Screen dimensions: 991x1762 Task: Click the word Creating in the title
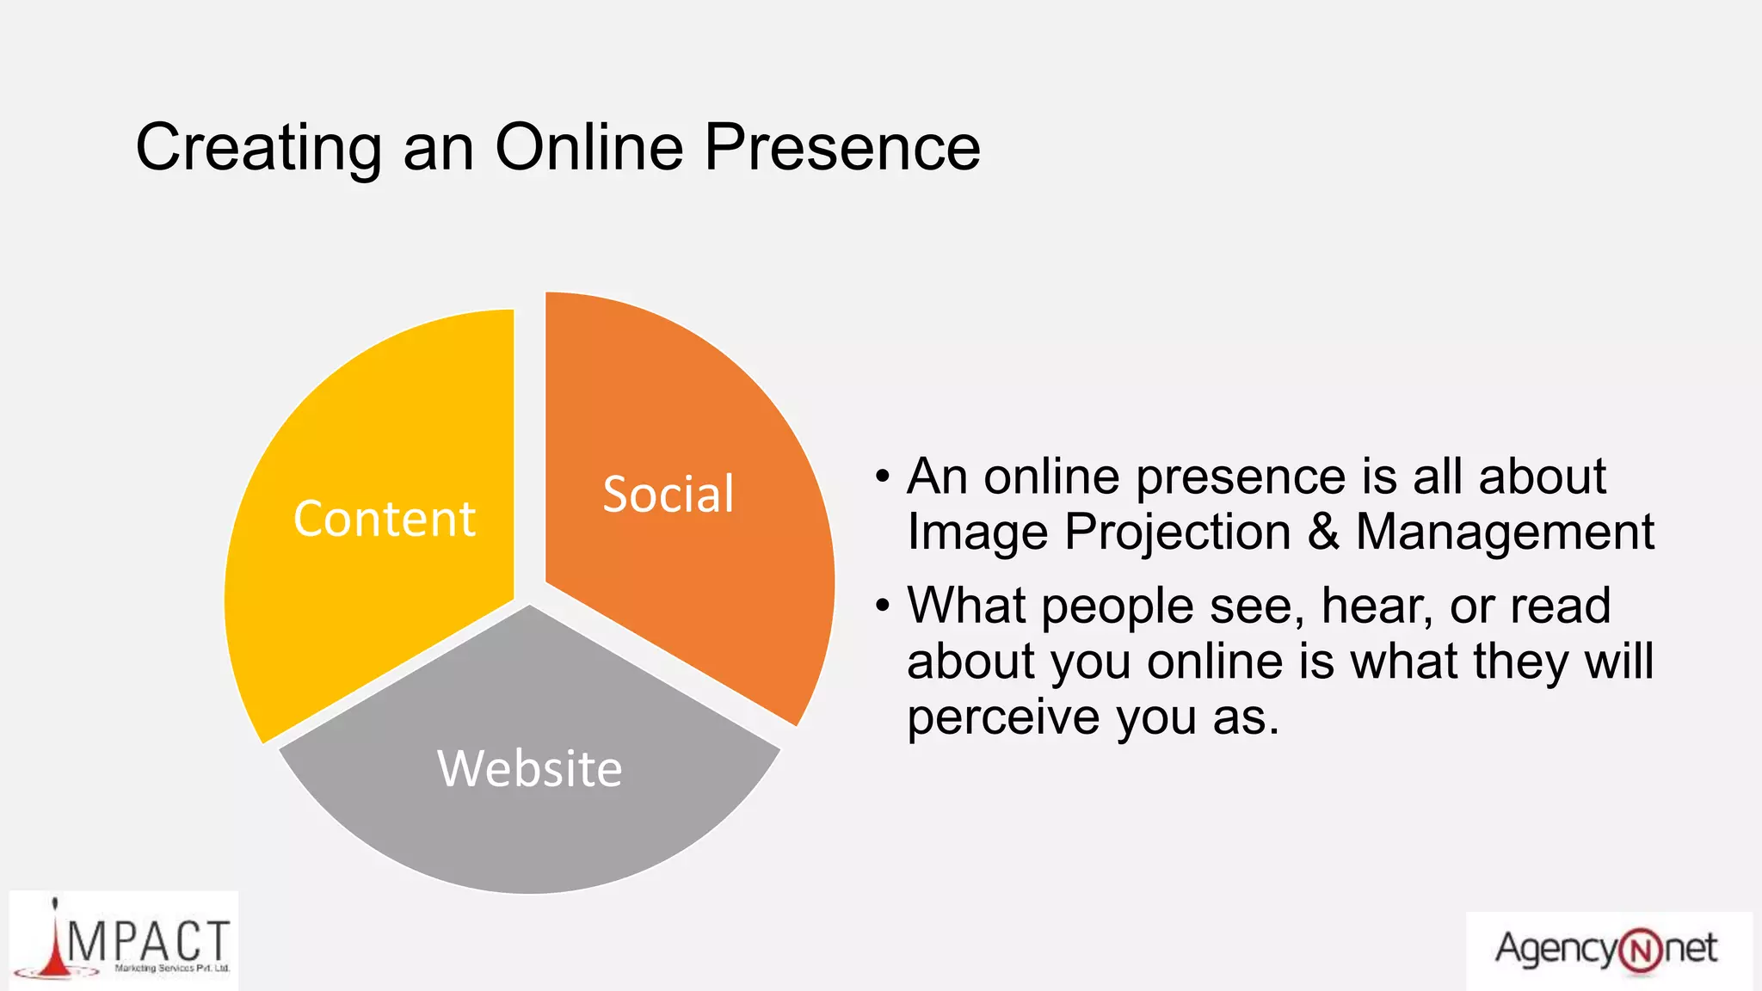[258, 148]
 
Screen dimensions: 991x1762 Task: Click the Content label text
[384, 519]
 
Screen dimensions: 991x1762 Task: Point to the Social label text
[668, 495]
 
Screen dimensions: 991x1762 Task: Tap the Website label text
[529, 768]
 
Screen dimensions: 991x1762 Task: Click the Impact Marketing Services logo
[124, 941]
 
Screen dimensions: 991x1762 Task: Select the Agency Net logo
[1607, 950]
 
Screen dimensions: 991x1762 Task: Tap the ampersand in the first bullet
[1323, 532]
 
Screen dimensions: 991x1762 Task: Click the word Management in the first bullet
[1505, 532]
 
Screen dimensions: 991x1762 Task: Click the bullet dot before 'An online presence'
[882, 477]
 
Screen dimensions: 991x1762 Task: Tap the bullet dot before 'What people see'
[882, 606]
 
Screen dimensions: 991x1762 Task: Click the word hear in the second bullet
[1376, 606]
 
